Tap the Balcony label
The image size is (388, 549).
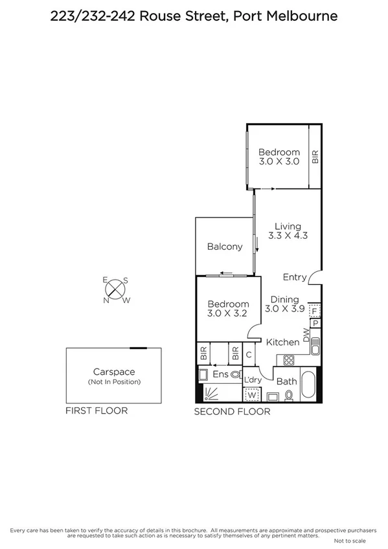point(224,247)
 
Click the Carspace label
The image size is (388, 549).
point(113,372)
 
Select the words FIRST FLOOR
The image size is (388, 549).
point(96,410)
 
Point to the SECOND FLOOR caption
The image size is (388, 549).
point(232,412)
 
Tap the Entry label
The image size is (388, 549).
point(294,277)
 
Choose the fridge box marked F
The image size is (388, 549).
point(314,309)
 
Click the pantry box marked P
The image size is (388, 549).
point(315,323)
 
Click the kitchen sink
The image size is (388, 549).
point(315,348)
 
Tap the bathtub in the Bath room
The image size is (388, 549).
point(310,386)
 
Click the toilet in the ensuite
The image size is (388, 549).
point(234,374)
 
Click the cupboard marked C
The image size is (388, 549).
point(249,355)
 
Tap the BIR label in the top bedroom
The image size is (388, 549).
point(315,157)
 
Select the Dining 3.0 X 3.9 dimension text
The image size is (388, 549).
point(284,304)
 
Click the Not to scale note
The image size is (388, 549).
point(350,541)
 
